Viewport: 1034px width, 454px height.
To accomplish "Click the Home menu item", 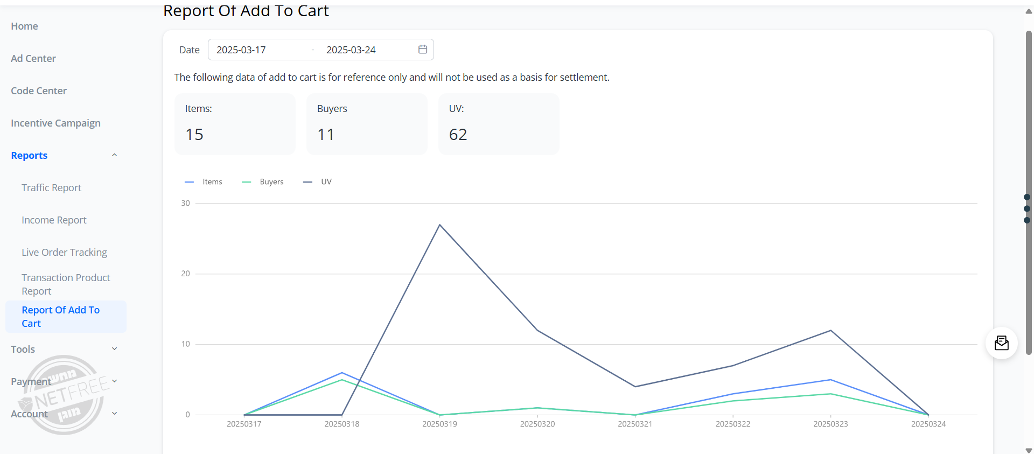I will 24,26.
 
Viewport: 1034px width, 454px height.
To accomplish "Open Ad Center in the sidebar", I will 33,59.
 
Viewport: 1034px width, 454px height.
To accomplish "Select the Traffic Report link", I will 51,188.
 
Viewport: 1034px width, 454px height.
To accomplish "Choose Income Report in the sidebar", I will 54,220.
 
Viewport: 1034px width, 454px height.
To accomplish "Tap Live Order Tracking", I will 64,253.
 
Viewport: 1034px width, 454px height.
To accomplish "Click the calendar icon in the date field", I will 423,50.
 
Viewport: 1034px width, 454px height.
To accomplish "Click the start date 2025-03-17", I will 241,50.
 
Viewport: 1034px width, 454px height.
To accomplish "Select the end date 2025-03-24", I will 351,50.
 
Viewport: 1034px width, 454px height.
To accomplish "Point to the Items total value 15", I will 194,135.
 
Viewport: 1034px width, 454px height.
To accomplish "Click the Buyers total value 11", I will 326,135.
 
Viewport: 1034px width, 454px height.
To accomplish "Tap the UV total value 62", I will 458,135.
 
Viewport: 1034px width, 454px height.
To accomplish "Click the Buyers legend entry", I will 263,182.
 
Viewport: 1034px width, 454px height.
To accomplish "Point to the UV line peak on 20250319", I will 440,225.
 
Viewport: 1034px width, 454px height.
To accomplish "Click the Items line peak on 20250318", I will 342,373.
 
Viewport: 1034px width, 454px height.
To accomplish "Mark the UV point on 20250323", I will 831,331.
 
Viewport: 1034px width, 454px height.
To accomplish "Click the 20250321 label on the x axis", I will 635,424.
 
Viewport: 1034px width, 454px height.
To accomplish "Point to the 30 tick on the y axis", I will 186,204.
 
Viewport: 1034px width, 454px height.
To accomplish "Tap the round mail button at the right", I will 1001,343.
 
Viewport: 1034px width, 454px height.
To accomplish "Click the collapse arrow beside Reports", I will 114,156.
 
